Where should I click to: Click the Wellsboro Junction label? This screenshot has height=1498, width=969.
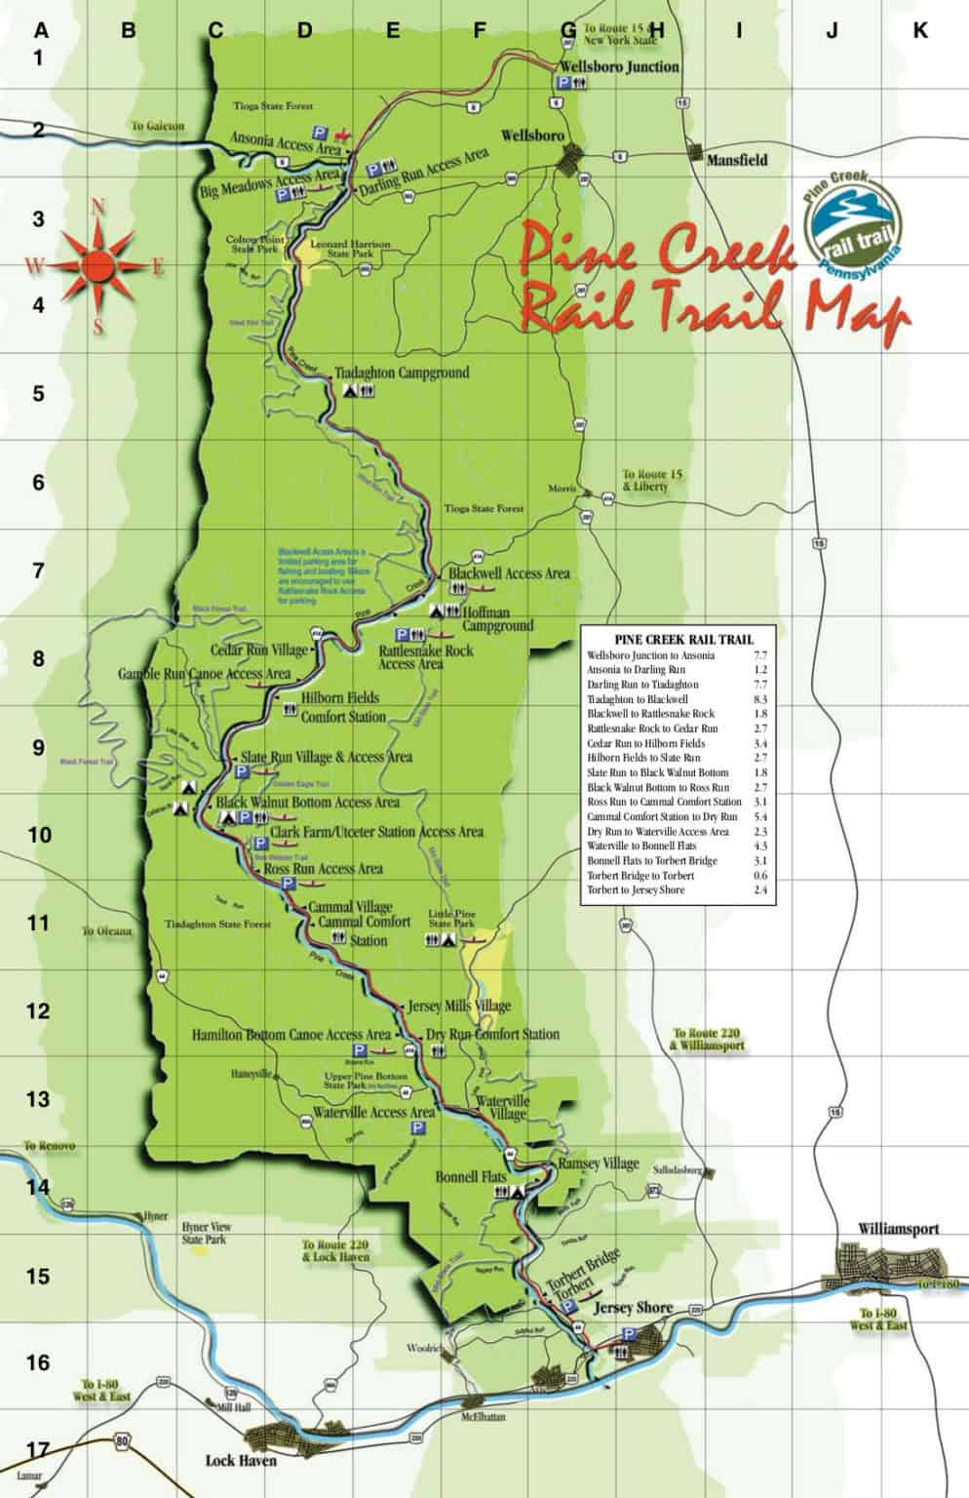[617, 66]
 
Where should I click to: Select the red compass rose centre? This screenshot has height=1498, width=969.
[97, 263]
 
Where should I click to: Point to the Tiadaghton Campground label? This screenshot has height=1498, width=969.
[401, 373]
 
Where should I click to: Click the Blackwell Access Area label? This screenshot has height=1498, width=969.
[508, 573]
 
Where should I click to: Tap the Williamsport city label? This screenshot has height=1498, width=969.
[898, 1229]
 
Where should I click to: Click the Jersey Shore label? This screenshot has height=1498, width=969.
[634, 1308]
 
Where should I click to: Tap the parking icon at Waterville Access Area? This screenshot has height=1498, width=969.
[418, 1127]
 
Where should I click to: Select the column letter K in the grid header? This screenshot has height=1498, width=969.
[920, 31]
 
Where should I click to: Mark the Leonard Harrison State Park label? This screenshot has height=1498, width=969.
[351, 249]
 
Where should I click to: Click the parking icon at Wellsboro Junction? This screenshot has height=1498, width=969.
[562, 86]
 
